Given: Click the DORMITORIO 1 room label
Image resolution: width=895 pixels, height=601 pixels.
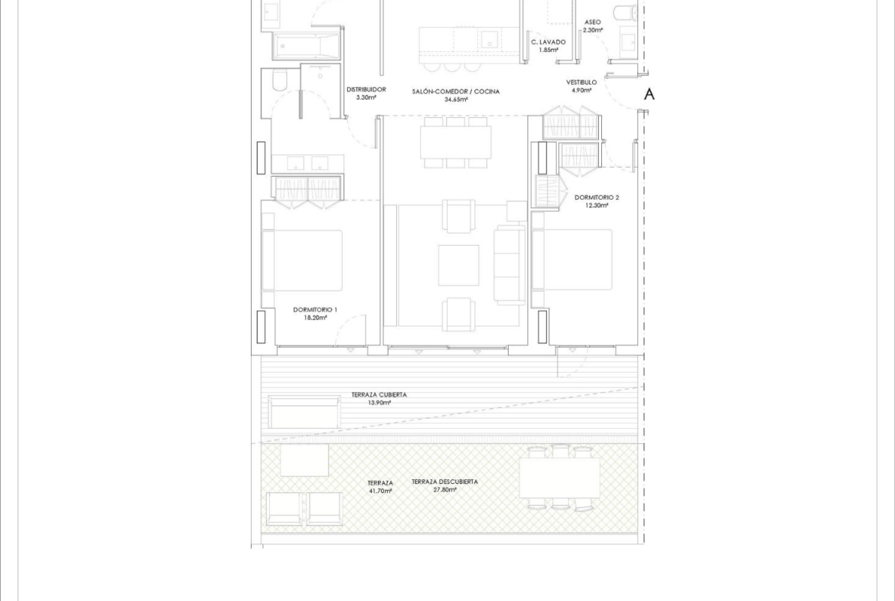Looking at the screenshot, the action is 315,309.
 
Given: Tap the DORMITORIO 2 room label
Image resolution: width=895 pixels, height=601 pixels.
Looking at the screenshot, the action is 597,198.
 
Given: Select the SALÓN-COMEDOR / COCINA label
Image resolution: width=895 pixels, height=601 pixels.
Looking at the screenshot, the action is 455,91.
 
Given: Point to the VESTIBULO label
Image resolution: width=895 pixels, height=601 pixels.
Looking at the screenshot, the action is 581,82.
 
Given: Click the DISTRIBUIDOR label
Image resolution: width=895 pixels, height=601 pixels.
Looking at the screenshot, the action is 366,90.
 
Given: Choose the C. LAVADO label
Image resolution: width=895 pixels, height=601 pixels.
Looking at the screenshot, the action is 548,42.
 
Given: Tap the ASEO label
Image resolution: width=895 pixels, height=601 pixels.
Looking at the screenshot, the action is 593,22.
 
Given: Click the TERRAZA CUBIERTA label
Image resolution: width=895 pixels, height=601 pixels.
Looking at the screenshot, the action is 379,395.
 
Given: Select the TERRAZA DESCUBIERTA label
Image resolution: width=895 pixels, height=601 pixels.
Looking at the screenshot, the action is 444,482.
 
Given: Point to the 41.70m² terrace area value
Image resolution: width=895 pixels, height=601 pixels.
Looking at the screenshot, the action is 380,491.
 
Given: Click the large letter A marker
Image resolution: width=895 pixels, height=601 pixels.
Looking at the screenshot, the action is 649,94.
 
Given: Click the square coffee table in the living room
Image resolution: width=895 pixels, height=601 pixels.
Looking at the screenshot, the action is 458,265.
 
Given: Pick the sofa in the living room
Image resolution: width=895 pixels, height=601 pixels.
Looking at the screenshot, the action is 509,264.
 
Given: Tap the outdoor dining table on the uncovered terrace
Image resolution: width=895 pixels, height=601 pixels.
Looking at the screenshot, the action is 559,479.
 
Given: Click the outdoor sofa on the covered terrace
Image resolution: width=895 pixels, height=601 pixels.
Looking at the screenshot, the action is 304,412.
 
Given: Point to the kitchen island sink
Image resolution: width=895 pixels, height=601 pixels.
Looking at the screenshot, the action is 489,40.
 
